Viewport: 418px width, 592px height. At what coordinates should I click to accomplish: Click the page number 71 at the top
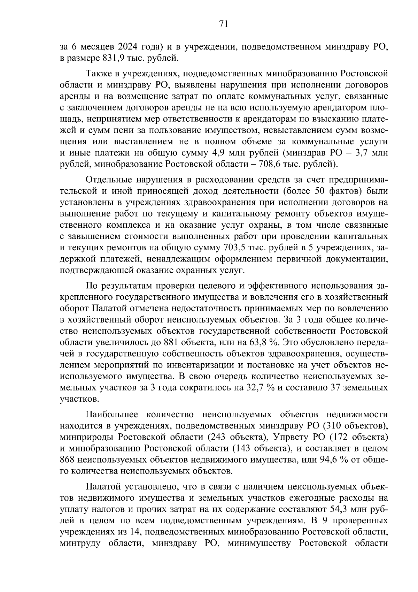pos(223,24)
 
